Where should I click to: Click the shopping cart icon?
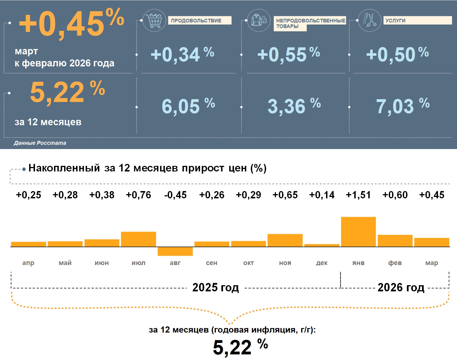(154, 20)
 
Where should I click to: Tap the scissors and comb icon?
(369, 20)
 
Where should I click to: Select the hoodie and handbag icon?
(259, 20)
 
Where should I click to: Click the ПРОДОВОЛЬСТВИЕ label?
(196, 20)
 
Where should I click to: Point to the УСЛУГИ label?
(395, 20)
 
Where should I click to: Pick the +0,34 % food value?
(182, 54)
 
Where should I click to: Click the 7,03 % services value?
(402, 106)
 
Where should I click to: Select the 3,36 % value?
(294, 106)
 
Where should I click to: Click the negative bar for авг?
(175, 251)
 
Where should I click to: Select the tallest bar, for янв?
(358, 232)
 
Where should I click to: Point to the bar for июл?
(139, 239)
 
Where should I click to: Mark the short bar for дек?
(322, 245)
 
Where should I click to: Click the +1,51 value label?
(358, 195)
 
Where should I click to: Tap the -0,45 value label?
(175, 195)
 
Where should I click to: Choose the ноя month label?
(285, 263)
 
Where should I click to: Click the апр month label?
(28, 263)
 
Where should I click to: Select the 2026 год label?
(401, 287)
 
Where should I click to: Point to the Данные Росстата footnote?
(40, 143)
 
